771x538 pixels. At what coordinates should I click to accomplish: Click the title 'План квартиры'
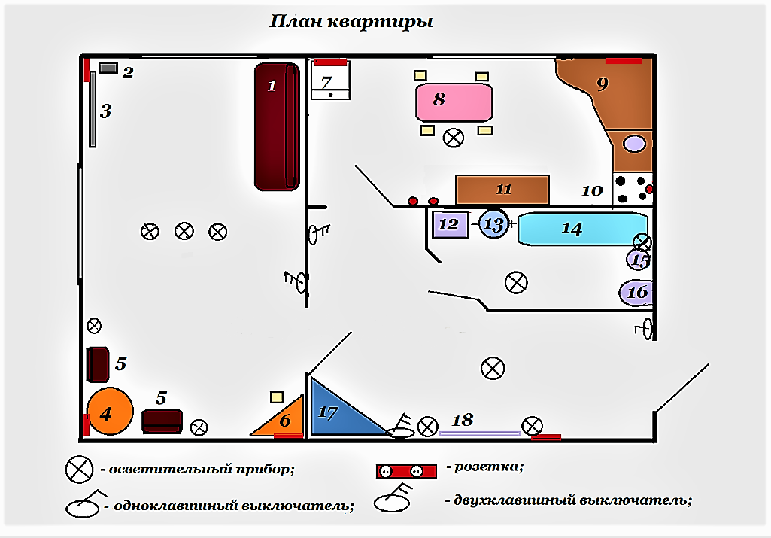[x=351, y=22]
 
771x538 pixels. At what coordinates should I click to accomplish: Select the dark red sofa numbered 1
[x=277, y=126]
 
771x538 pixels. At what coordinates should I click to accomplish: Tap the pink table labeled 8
[x=454, y=102]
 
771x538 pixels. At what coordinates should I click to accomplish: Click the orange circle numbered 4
[x=110, y=411]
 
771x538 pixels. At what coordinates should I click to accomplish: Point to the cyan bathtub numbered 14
[x=583, y=229]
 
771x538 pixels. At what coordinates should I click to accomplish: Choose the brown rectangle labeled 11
[x=502, y=190]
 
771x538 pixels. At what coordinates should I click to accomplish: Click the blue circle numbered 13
[x=493, y=224]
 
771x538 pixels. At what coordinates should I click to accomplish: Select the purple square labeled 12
[x=450, y=224]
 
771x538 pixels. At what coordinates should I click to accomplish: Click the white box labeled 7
[x=330, y=80]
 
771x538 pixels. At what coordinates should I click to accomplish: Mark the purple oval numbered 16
[x=636, y=293]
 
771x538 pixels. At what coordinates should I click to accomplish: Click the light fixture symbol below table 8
[x=454, y=138]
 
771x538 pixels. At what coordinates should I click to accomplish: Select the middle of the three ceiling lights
[x=184, y=231]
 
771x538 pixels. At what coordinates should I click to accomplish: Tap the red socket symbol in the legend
[x=406, y=471]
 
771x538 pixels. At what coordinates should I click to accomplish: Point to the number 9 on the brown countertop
[x=603, y=84]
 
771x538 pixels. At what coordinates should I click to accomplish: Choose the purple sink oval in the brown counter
[x=634, y=144]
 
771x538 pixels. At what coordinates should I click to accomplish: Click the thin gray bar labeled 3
[x=93, y=109]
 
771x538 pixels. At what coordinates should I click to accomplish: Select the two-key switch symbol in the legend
[x=393, y=499]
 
